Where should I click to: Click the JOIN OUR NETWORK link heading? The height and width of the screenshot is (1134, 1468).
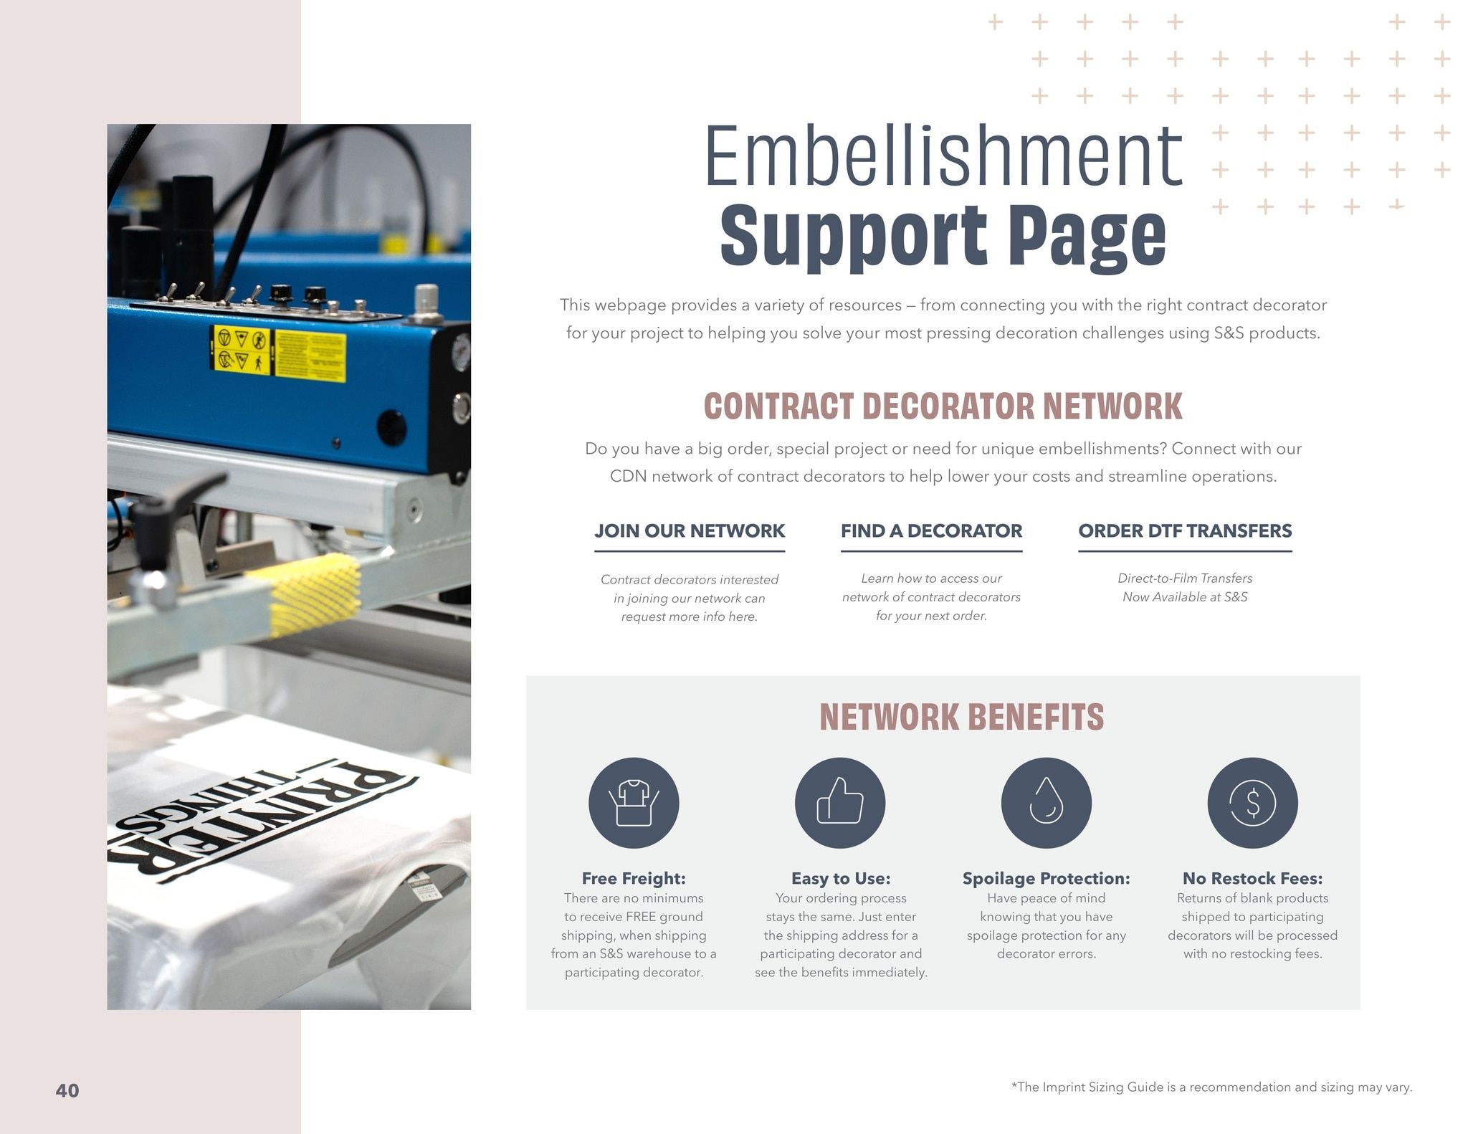click(689, 531)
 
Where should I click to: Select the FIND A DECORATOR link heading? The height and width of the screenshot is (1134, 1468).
click(931, 531)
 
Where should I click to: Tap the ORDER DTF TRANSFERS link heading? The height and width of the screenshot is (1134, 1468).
click(1185, 531)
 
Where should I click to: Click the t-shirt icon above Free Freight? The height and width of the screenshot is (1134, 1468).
click(634, 803)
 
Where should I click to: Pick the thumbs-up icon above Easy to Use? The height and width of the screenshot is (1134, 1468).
click(840, 803)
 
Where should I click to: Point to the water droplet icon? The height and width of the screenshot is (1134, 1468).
click(1047, 803)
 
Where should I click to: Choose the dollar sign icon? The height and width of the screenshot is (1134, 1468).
click(1252, 803)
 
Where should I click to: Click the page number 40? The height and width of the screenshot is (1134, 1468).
click(67, 1090)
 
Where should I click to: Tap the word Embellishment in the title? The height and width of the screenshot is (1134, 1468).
click(943, 156)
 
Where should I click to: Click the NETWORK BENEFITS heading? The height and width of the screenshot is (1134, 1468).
click(961, 717)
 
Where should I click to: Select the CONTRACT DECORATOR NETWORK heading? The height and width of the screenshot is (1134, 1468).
click(943, 406)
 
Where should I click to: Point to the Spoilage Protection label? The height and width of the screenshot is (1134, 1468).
click(1046, 878)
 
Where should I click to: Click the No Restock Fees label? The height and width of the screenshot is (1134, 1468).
click(1252, 878)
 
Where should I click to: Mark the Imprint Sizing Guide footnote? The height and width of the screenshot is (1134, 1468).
click(1211, 1087)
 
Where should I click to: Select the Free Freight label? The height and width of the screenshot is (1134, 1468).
click(634, 878)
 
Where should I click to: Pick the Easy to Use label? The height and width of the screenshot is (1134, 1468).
click(841, 878)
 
